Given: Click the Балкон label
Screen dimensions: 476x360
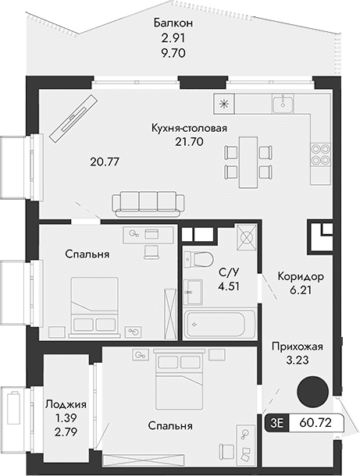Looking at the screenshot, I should click(x=173, y=24).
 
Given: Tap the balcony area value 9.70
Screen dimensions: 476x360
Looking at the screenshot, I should click(x=173, y=55).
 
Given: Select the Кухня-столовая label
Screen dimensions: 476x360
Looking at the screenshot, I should click(x=190, y=128).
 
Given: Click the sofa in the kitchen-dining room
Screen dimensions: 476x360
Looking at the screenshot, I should click(x=148, y=203).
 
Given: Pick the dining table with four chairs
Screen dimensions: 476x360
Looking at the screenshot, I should click(x=246, y=162).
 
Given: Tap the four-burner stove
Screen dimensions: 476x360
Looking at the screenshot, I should click(x=319, y=155).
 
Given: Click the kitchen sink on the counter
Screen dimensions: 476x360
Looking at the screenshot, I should click(x=282, y=103).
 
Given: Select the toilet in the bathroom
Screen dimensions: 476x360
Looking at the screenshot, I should click(x=200, y=261).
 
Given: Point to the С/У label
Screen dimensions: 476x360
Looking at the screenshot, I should click(x=227, y=272).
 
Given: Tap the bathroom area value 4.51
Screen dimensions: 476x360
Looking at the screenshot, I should click(x=227, y=286).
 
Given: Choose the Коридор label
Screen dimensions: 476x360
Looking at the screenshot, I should click(x=300, y=276).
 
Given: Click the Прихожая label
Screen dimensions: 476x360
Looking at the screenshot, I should click(x=297, y=346).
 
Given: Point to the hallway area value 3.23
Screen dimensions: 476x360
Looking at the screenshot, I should click(x=297, y=361).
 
